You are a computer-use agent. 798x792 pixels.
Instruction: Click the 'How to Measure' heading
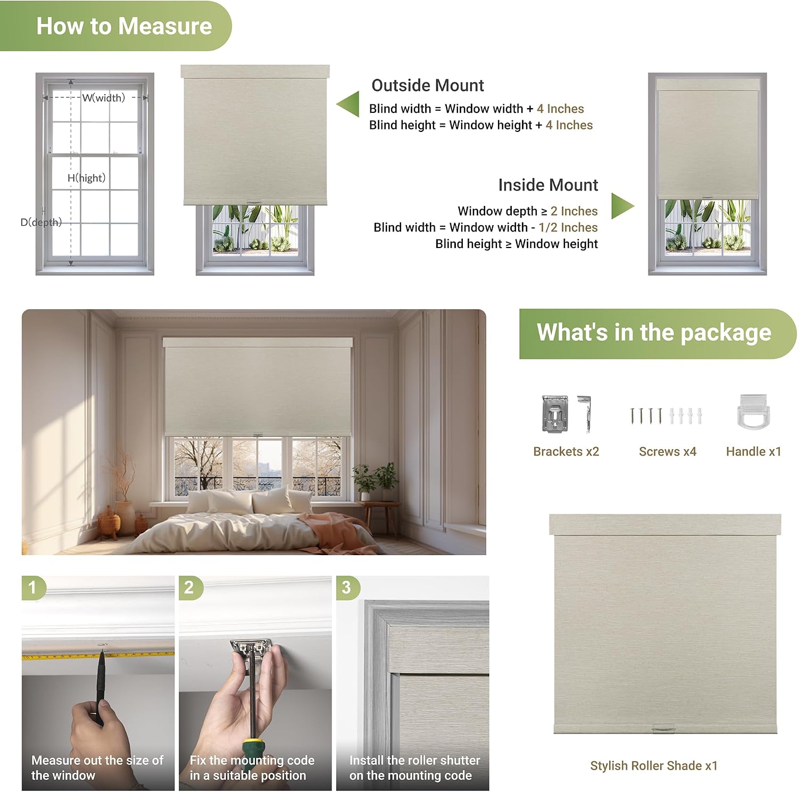pyautogui.click(x=124, y=26)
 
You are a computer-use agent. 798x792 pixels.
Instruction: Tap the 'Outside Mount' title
pyautogui.click(x=428, y=85)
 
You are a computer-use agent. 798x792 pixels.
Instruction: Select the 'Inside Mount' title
pyautogui.click(x=548, y=185)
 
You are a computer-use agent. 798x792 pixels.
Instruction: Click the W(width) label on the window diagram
pyautogui.click(x=104, y=97)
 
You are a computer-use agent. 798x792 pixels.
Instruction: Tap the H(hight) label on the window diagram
pyautogui.click(x=87, y=178)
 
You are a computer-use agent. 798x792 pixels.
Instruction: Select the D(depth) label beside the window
pyautogui.click(x=41, y=222)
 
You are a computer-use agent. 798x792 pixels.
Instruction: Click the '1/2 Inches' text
pyautogui.click(x=568, y=227)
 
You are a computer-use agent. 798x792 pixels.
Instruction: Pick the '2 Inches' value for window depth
pyautogui.click(x=574, y=211)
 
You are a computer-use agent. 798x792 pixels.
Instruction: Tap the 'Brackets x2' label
pyautogui.click(x=566, y=451)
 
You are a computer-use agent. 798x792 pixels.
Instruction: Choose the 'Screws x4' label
pyautogui.click(x=668, y=451)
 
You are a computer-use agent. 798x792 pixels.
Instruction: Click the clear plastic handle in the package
pyautogui.click(x=753, y=412)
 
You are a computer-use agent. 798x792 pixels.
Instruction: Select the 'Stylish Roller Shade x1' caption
pyautogui.click(x=654, y=765)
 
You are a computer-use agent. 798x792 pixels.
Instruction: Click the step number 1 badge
pyautogui.click(x=33, y=588)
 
